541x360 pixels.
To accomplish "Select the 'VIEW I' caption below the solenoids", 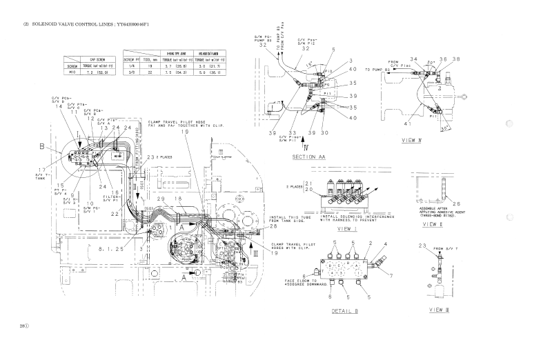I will tap(346, 228).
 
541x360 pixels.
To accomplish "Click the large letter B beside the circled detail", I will tap(43, 147).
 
